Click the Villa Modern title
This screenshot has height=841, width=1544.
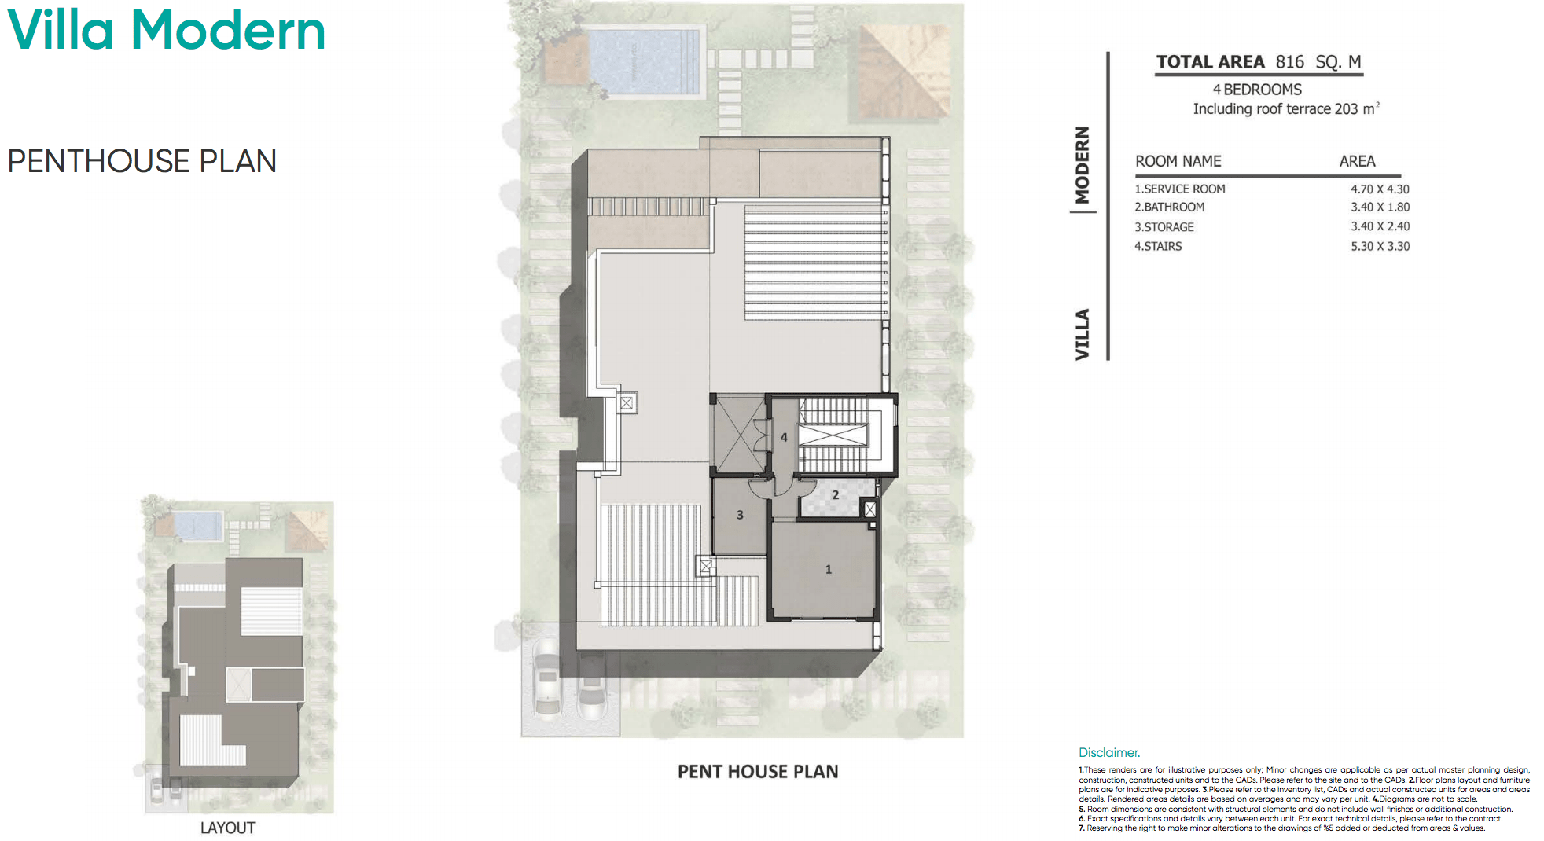pos(166,31)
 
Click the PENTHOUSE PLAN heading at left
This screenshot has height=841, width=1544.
pos(142,161)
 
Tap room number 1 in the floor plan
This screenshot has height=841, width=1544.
pos(828,569)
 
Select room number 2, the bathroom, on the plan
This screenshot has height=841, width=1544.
pos(835,495)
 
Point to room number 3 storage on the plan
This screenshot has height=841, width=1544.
pos(740,515)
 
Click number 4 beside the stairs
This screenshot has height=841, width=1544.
pos(784,437)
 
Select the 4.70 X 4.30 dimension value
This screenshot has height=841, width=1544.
pos(1380,189)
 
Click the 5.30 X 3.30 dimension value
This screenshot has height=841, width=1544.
pos(1380,247)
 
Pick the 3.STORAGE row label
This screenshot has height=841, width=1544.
pos(1164,227)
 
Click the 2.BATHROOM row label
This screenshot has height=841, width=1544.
pos(1169,207)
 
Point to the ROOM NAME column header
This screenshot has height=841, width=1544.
pos(1178,162)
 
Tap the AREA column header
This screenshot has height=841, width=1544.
pos(1357,162)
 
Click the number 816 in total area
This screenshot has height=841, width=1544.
pos(1289,62)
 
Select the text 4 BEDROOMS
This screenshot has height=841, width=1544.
pos(1257,90)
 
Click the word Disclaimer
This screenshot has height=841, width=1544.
pos(1108,753)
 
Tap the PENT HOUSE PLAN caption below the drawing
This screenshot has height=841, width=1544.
pos(758,772)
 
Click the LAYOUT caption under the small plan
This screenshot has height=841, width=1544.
pos(227,828)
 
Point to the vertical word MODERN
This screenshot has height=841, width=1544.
pos(1083,165)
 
